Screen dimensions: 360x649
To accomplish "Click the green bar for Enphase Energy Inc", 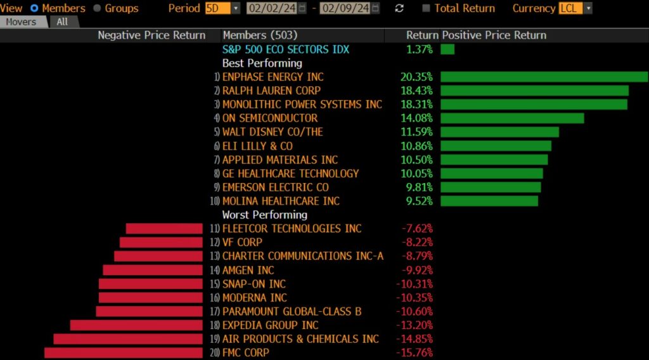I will (544, 77).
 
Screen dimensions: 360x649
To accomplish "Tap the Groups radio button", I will (97, 8).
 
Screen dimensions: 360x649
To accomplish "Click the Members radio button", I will (34, 8).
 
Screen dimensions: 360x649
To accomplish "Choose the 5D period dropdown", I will (222, 8).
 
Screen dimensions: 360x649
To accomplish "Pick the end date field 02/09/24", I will (345, 8).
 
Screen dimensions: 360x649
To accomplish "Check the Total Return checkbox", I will (426, 8).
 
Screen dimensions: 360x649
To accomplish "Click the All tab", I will (62, 22).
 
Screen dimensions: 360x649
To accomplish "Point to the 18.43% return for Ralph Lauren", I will (416, 91).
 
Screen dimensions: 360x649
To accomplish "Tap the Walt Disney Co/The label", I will (273, 132).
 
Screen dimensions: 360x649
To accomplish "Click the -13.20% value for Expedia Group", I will (414, 325).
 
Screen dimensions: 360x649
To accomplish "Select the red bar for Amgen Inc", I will (152, 270).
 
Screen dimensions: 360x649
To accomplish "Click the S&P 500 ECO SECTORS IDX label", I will (285, 49).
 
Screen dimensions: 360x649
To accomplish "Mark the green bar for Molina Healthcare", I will (489, 201).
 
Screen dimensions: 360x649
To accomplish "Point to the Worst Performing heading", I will (264, 215).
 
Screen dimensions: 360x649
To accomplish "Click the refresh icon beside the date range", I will (399, 8).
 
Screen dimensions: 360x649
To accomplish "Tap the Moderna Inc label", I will (255, 298).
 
